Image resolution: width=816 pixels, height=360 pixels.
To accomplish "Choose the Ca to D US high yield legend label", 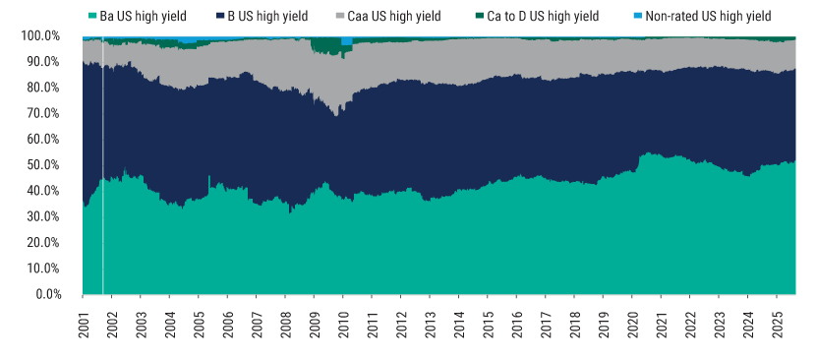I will click(543, 17).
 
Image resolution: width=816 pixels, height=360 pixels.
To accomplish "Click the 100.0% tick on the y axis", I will click(40, 36).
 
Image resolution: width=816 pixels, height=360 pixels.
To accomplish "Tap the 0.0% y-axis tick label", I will click(46, 294).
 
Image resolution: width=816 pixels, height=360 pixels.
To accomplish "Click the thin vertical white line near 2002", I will click(102, 167).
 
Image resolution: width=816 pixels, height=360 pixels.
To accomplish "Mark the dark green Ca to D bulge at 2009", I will click(321, 46).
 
